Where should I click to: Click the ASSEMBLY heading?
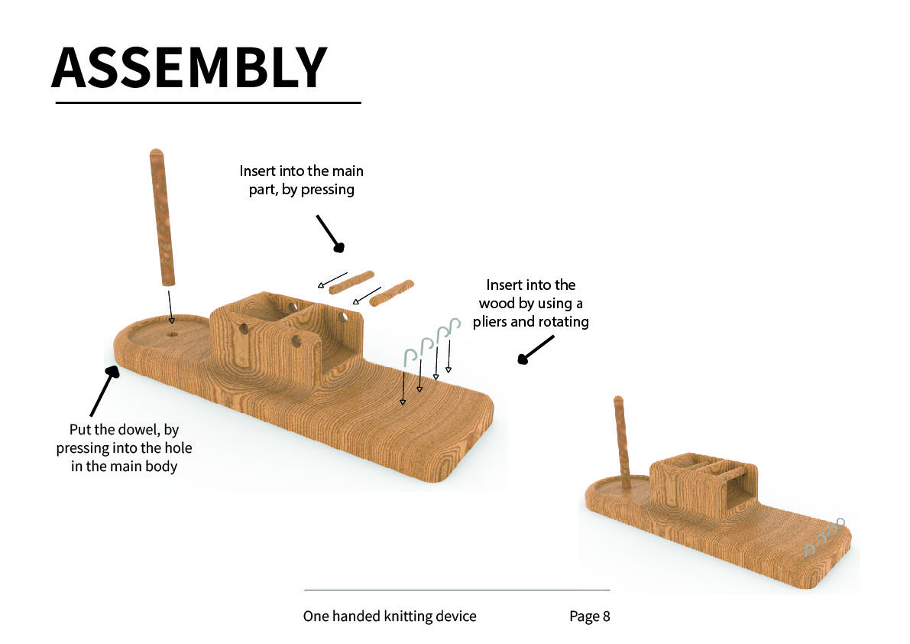[189, 67]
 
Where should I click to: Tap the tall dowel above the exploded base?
[162, 217]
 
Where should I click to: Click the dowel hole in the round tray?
[173, 334]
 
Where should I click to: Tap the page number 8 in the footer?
[607, 616]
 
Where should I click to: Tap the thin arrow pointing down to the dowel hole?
[170, 307]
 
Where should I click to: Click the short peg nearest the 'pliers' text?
[392, 293]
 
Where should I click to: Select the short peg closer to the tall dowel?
[351, 282]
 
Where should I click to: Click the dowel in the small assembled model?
[622, 443]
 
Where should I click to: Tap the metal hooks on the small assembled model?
[824, 538]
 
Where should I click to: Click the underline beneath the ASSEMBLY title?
[209, 102]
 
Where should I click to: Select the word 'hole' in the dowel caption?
[177, 447]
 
